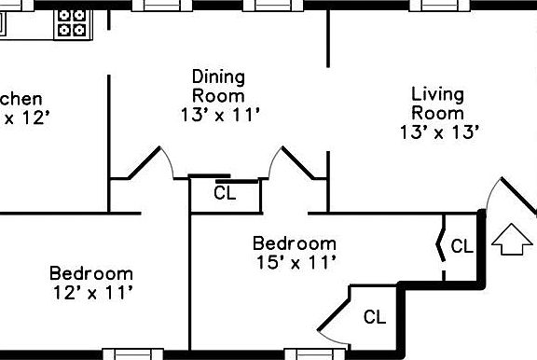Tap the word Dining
[x=218, y=76]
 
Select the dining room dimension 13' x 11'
[x=220, y=115]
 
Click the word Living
[x=438, y=93]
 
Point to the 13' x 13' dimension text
[x=439, y=132]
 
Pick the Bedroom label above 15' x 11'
[x=295, y=243]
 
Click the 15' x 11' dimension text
[x=295, y=263]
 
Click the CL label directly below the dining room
[x=225, y=194]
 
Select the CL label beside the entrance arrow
[x=462, y=247]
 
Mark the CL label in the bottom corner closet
[x=374, y=317]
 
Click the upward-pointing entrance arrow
[x=509, y=240]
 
